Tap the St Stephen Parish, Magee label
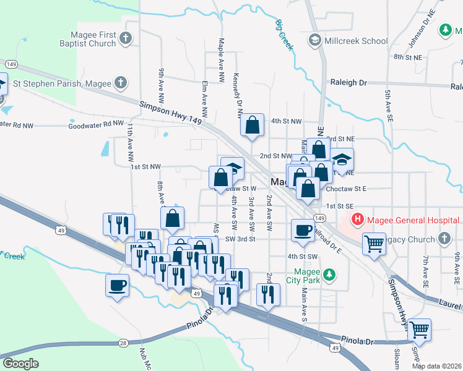coord(62,82)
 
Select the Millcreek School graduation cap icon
coord(314,40)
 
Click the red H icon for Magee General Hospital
coord(358,219)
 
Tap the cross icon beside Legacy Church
coord(444,238)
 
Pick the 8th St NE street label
coord(409,57)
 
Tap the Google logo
coord(20,364)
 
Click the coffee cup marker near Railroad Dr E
coord(303,229)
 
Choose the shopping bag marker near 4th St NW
coord(253,125)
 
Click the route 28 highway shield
coord(123,342)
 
